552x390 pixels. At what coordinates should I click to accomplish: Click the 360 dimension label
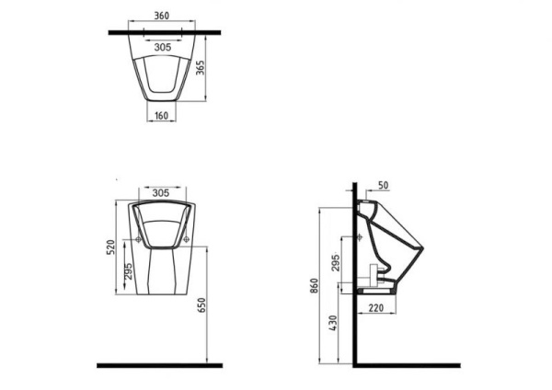pyautogui.click(x=162, y=16)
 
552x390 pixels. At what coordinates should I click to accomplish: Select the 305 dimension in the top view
pyautogui.click(x=163, y=47)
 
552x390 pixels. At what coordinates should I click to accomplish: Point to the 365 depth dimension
pyautogui.click(x=201, y=67)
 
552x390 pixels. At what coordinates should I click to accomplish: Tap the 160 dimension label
pyautogui.click(x=161, y=116)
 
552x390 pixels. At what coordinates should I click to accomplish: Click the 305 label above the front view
pyautogui.click(x=161, y=193)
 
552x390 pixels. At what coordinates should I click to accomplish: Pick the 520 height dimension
pyautogui.click(x=111, y=247)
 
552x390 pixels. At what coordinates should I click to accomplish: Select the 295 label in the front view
pyautogui.click(x=129, y=271)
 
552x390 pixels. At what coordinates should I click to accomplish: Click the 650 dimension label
pyautogui.click(x=201, y=305)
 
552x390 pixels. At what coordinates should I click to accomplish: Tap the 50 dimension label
pyautogui.click(x=384, y=186)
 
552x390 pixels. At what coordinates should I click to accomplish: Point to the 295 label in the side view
pyautogui.click(x=336, y=262)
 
